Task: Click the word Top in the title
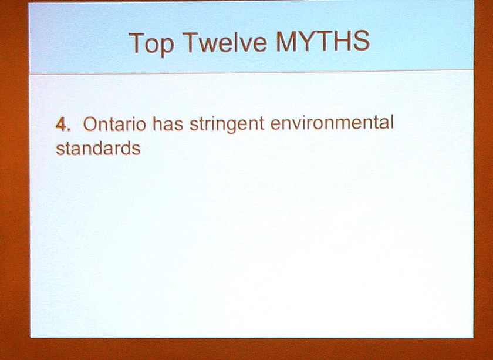[x=151, y=43]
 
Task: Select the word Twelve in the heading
[x=225, y=42]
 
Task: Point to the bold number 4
[x=61, y=125]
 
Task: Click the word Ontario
[x=114, y=124]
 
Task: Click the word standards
[x=98, y=148]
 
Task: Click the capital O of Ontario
[x=90, y=125]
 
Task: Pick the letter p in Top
[x=167, y=47]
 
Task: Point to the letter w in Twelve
[x=207, y=46]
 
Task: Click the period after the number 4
[x=69, y=130]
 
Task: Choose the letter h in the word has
[x=158, y=124]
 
